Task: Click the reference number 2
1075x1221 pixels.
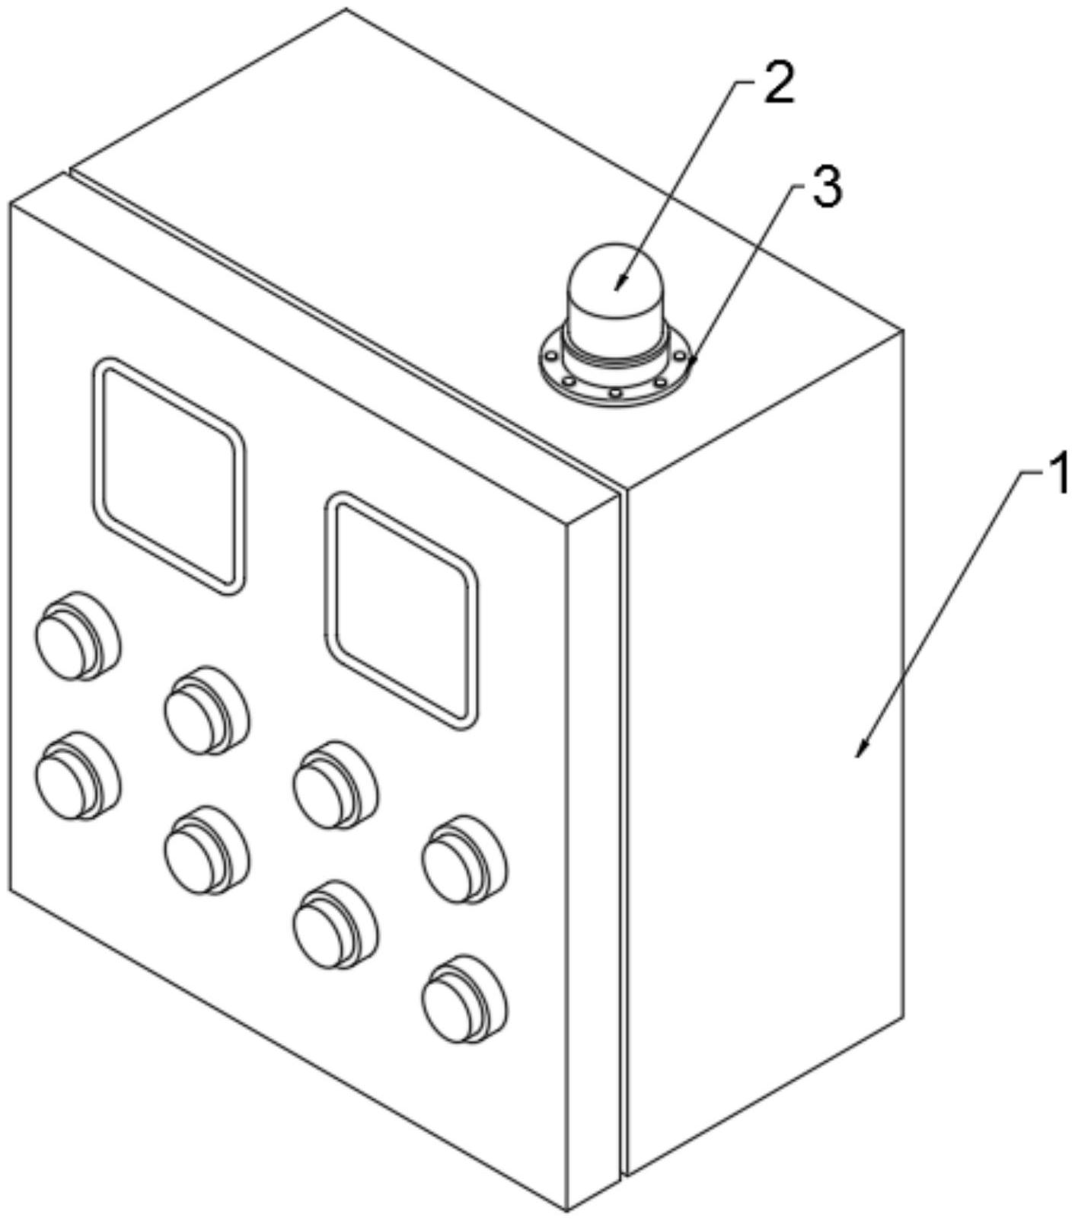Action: pyautogui.click(x=777, y=85)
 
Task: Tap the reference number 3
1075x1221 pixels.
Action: pyautogui.click(x=827, y=187)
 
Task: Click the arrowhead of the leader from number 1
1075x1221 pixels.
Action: pyautogui.click(x=860, y=753)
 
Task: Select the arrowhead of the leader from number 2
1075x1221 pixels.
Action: pyautogui.click(x=617, y=288)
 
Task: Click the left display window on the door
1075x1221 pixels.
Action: pyautogui.click(x=169, y=475)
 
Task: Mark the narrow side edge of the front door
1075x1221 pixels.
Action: pyautogui.click(x=594, y=853)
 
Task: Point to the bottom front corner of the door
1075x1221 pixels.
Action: pyautogui.click(x=568, y=1210)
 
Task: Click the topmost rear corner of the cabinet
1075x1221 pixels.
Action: pyautogui.click(x=346, y=9)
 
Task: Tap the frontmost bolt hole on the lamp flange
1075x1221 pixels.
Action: pyautogui.click(x=614, y=393)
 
